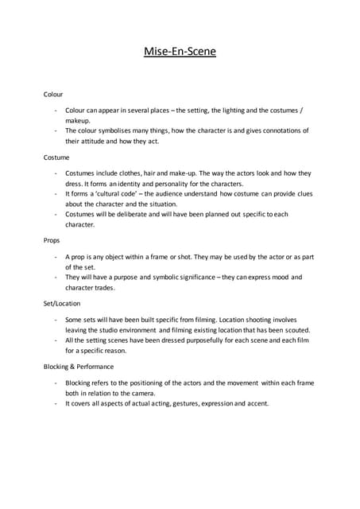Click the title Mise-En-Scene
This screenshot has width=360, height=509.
pyautogui.click(x=180, y=52)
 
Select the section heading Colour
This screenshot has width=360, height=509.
pyautogui.click(x=53, y=94)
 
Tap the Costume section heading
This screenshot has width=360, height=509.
pyautogui.click(x=56, y=157)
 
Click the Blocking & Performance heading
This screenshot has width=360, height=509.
pyautogui.click(x=79, y=367)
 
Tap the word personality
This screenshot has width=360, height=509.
pyautogui.click(x=156, y=183)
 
